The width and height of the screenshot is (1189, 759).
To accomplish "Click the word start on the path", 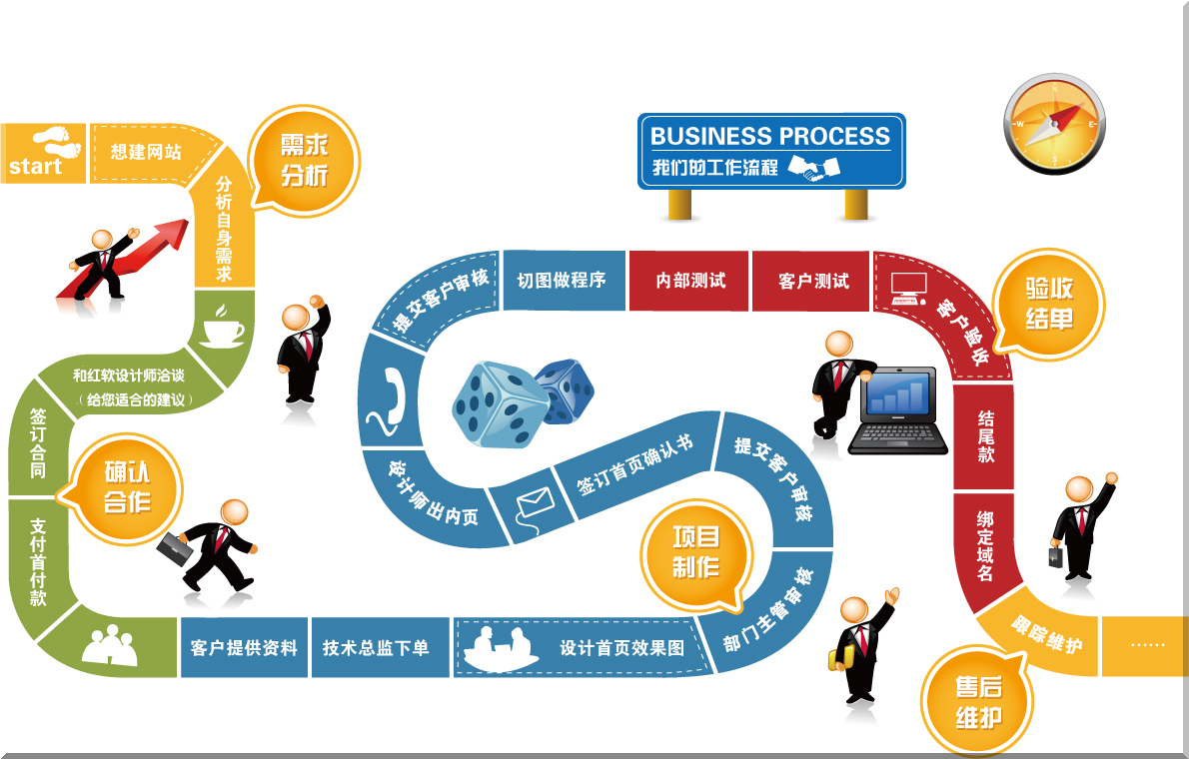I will (35, 166).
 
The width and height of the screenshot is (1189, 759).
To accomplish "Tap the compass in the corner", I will (1054, 123).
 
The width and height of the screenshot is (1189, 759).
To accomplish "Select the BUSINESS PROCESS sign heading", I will (770, 136).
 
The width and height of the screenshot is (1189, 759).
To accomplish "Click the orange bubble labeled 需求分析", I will (303, 161).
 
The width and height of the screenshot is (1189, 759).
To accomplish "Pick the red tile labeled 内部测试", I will (689, 281).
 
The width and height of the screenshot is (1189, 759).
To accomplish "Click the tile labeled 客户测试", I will (812, 281).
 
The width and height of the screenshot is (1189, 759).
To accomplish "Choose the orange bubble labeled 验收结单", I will (1048, 304).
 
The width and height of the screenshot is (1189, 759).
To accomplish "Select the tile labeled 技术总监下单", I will (376, 647).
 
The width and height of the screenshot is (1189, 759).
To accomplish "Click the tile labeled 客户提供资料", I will (244, 647).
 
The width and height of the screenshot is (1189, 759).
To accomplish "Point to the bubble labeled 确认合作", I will (127, 486).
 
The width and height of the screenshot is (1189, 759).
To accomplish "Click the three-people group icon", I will (109, 647).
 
